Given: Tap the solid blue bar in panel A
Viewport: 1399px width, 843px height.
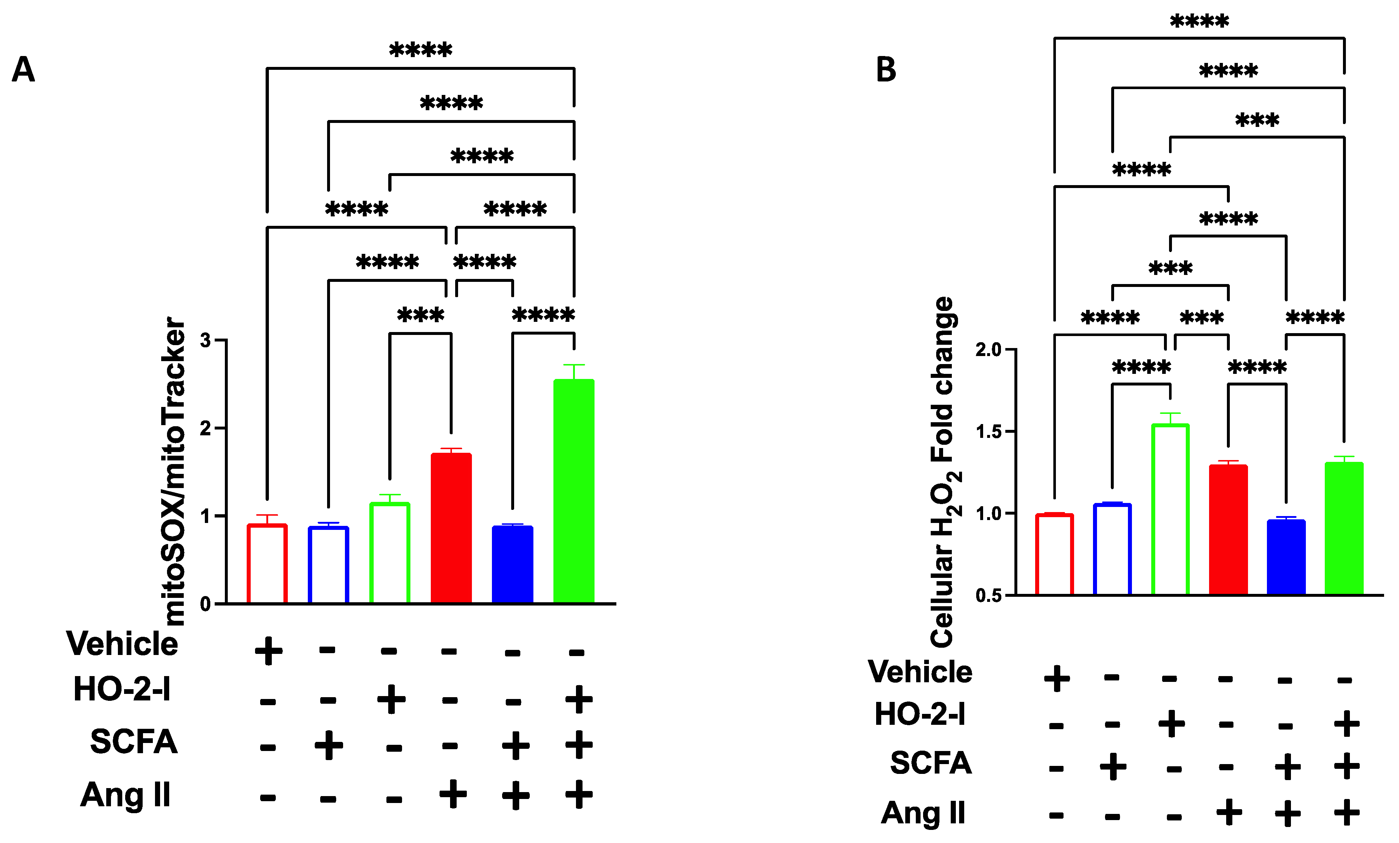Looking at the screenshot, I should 512,564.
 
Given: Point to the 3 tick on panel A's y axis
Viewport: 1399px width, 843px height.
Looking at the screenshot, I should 206,341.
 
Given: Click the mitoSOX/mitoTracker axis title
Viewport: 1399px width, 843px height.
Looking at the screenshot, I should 173,471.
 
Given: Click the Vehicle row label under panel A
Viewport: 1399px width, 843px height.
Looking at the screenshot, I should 122,644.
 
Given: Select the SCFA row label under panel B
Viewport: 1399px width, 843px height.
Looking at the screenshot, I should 931,762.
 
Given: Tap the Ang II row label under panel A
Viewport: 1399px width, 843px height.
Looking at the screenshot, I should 126,795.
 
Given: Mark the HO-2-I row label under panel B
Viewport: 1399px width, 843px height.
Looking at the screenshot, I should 920,714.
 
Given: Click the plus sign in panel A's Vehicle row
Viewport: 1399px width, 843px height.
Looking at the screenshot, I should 269,651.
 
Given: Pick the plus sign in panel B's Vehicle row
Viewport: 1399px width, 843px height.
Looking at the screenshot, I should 1057,678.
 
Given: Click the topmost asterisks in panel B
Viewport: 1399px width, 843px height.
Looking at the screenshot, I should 1199,21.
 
